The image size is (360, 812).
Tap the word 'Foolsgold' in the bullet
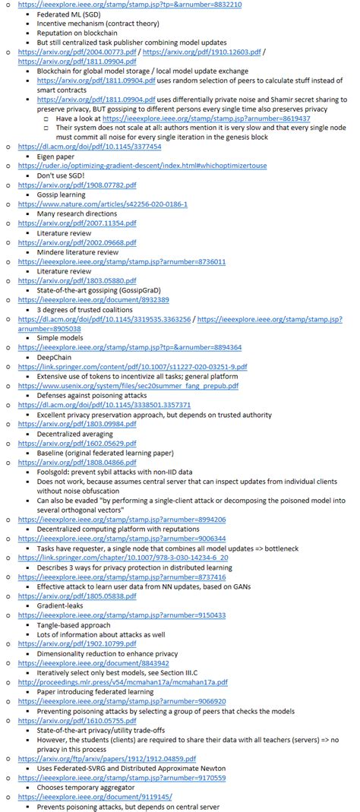[x=55, y=471]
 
